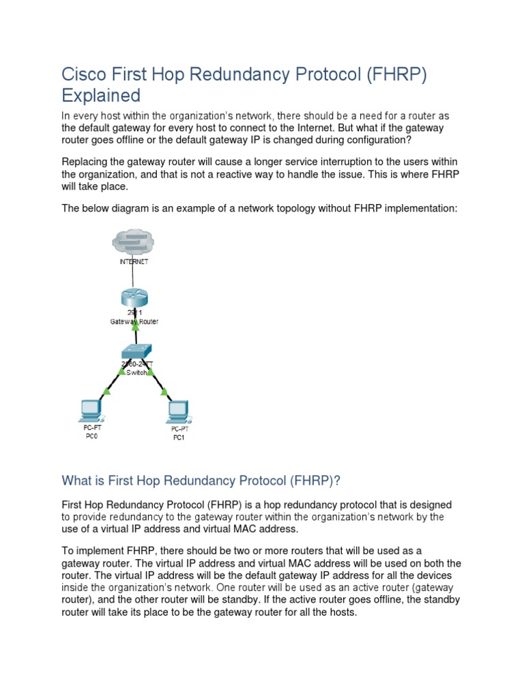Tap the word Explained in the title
[101, 95]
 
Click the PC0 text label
[91, 436]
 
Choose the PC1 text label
[178, 437]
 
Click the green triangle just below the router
[135, 328]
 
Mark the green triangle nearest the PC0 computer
[106, 392]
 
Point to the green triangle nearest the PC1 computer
[164, 392]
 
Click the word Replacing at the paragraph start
[86, 161]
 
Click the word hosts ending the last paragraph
[338, 612]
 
